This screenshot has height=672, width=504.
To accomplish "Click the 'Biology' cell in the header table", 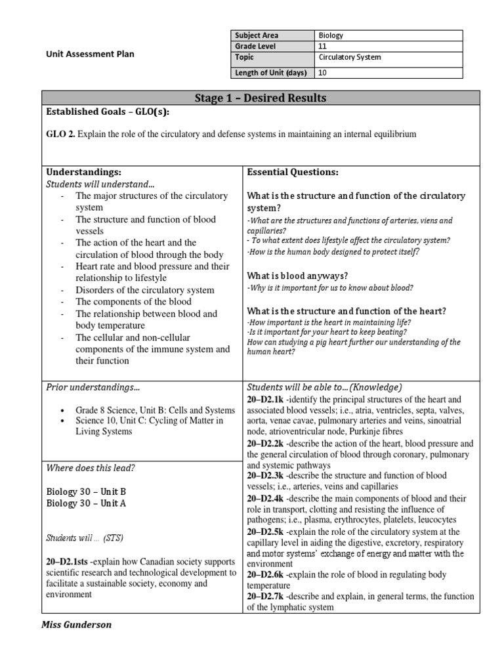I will (331, 36).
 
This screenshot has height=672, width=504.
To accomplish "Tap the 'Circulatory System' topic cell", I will (349, 57).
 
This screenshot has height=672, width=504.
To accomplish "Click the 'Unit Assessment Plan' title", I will (91, 54).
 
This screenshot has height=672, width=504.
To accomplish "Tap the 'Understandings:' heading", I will (81, 172).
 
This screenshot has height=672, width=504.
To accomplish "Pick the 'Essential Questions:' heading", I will (292, 172).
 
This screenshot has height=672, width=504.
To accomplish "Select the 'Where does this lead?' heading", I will (91, 467).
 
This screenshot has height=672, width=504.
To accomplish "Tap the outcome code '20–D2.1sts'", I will (68, 562).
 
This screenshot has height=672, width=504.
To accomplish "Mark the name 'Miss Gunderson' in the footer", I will (76, 625).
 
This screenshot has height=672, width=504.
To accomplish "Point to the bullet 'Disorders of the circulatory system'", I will (144, 290).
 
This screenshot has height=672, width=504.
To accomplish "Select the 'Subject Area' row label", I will (257, 36).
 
